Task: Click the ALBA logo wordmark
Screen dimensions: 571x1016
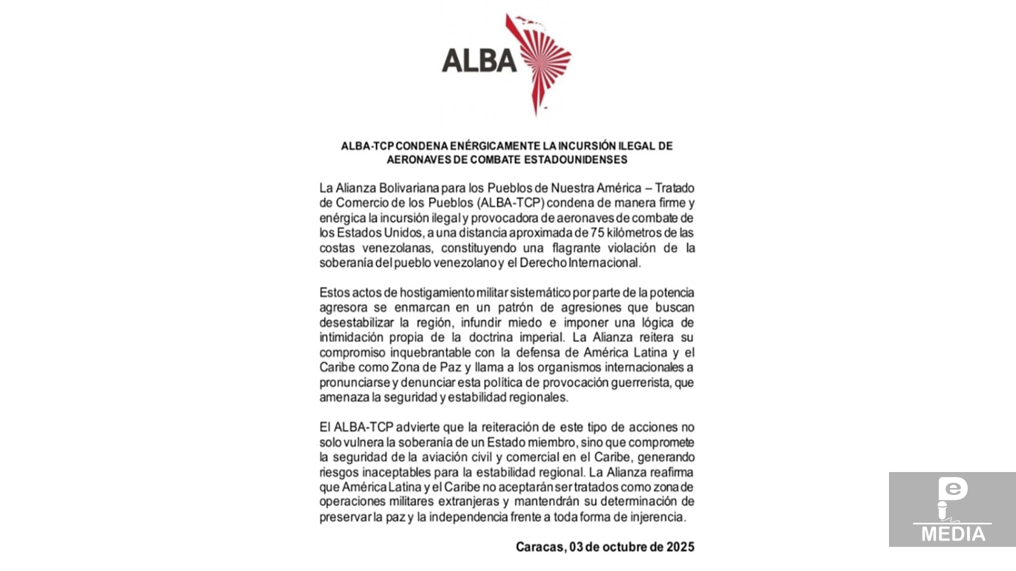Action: pyautogui.click(x=479, y=60)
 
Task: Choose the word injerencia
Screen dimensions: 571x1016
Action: pyautogui.click(x=657, y=517)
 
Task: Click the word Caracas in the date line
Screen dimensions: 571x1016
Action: pyautogui.click(x=540, y=547)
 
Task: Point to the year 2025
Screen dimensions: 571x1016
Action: pyautogui.click(x=680, y=547)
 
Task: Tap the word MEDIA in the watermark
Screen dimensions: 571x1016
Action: pyautogui.click(x=953, y=534)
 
